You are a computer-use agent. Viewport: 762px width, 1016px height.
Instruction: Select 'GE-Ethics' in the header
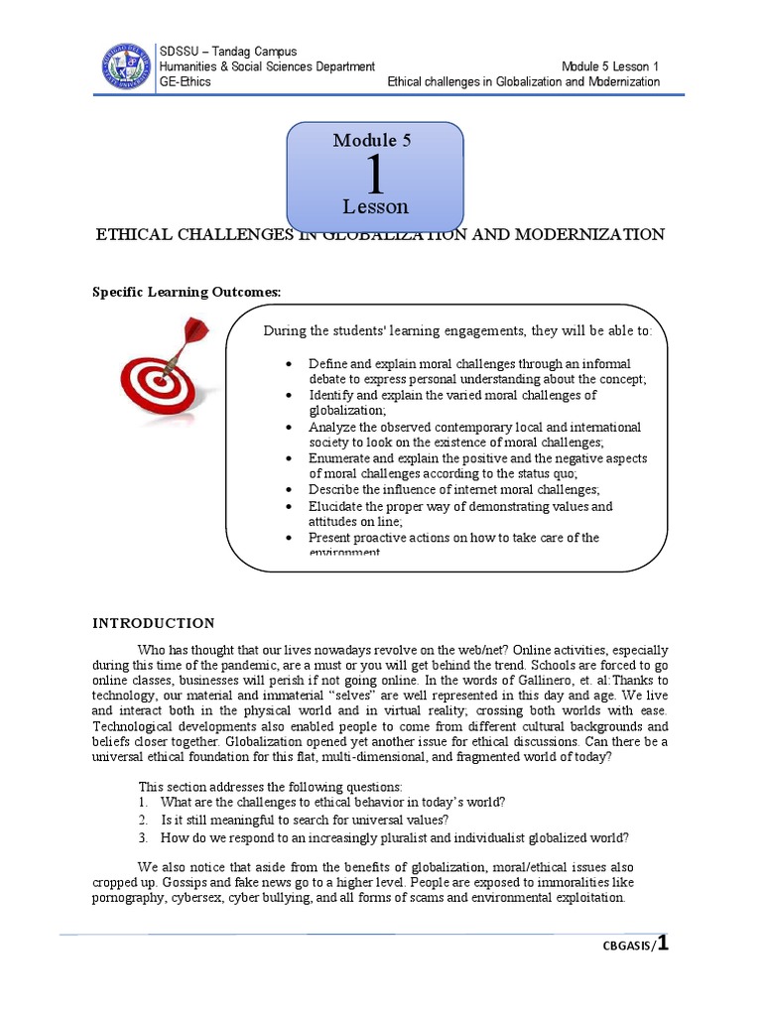point(186,81)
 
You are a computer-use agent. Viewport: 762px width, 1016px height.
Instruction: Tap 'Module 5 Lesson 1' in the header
point(610,66)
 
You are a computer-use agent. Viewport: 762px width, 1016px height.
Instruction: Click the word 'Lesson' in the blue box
point(375,207)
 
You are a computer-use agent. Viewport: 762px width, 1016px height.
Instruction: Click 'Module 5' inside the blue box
point(372,141)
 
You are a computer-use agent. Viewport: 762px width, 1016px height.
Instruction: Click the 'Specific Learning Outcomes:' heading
point(187,292)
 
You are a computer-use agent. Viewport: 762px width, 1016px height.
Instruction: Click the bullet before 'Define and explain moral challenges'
point(287,364)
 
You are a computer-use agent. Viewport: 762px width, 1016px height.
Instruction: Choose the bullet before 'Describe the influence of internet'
point(287,490)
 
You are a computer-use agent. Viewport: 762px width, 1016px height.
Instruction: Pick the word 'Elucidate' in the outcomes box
point(336,506)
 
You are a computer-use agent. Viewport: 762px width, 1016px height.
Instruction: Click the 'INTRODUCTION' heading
point(153,623)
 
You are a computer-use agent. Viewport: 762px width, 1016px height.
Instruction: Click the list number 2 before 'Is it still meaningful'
point(143,820)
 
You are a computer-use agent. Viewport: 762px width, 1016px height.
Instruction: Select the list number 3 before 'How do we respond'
point(143,836)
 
